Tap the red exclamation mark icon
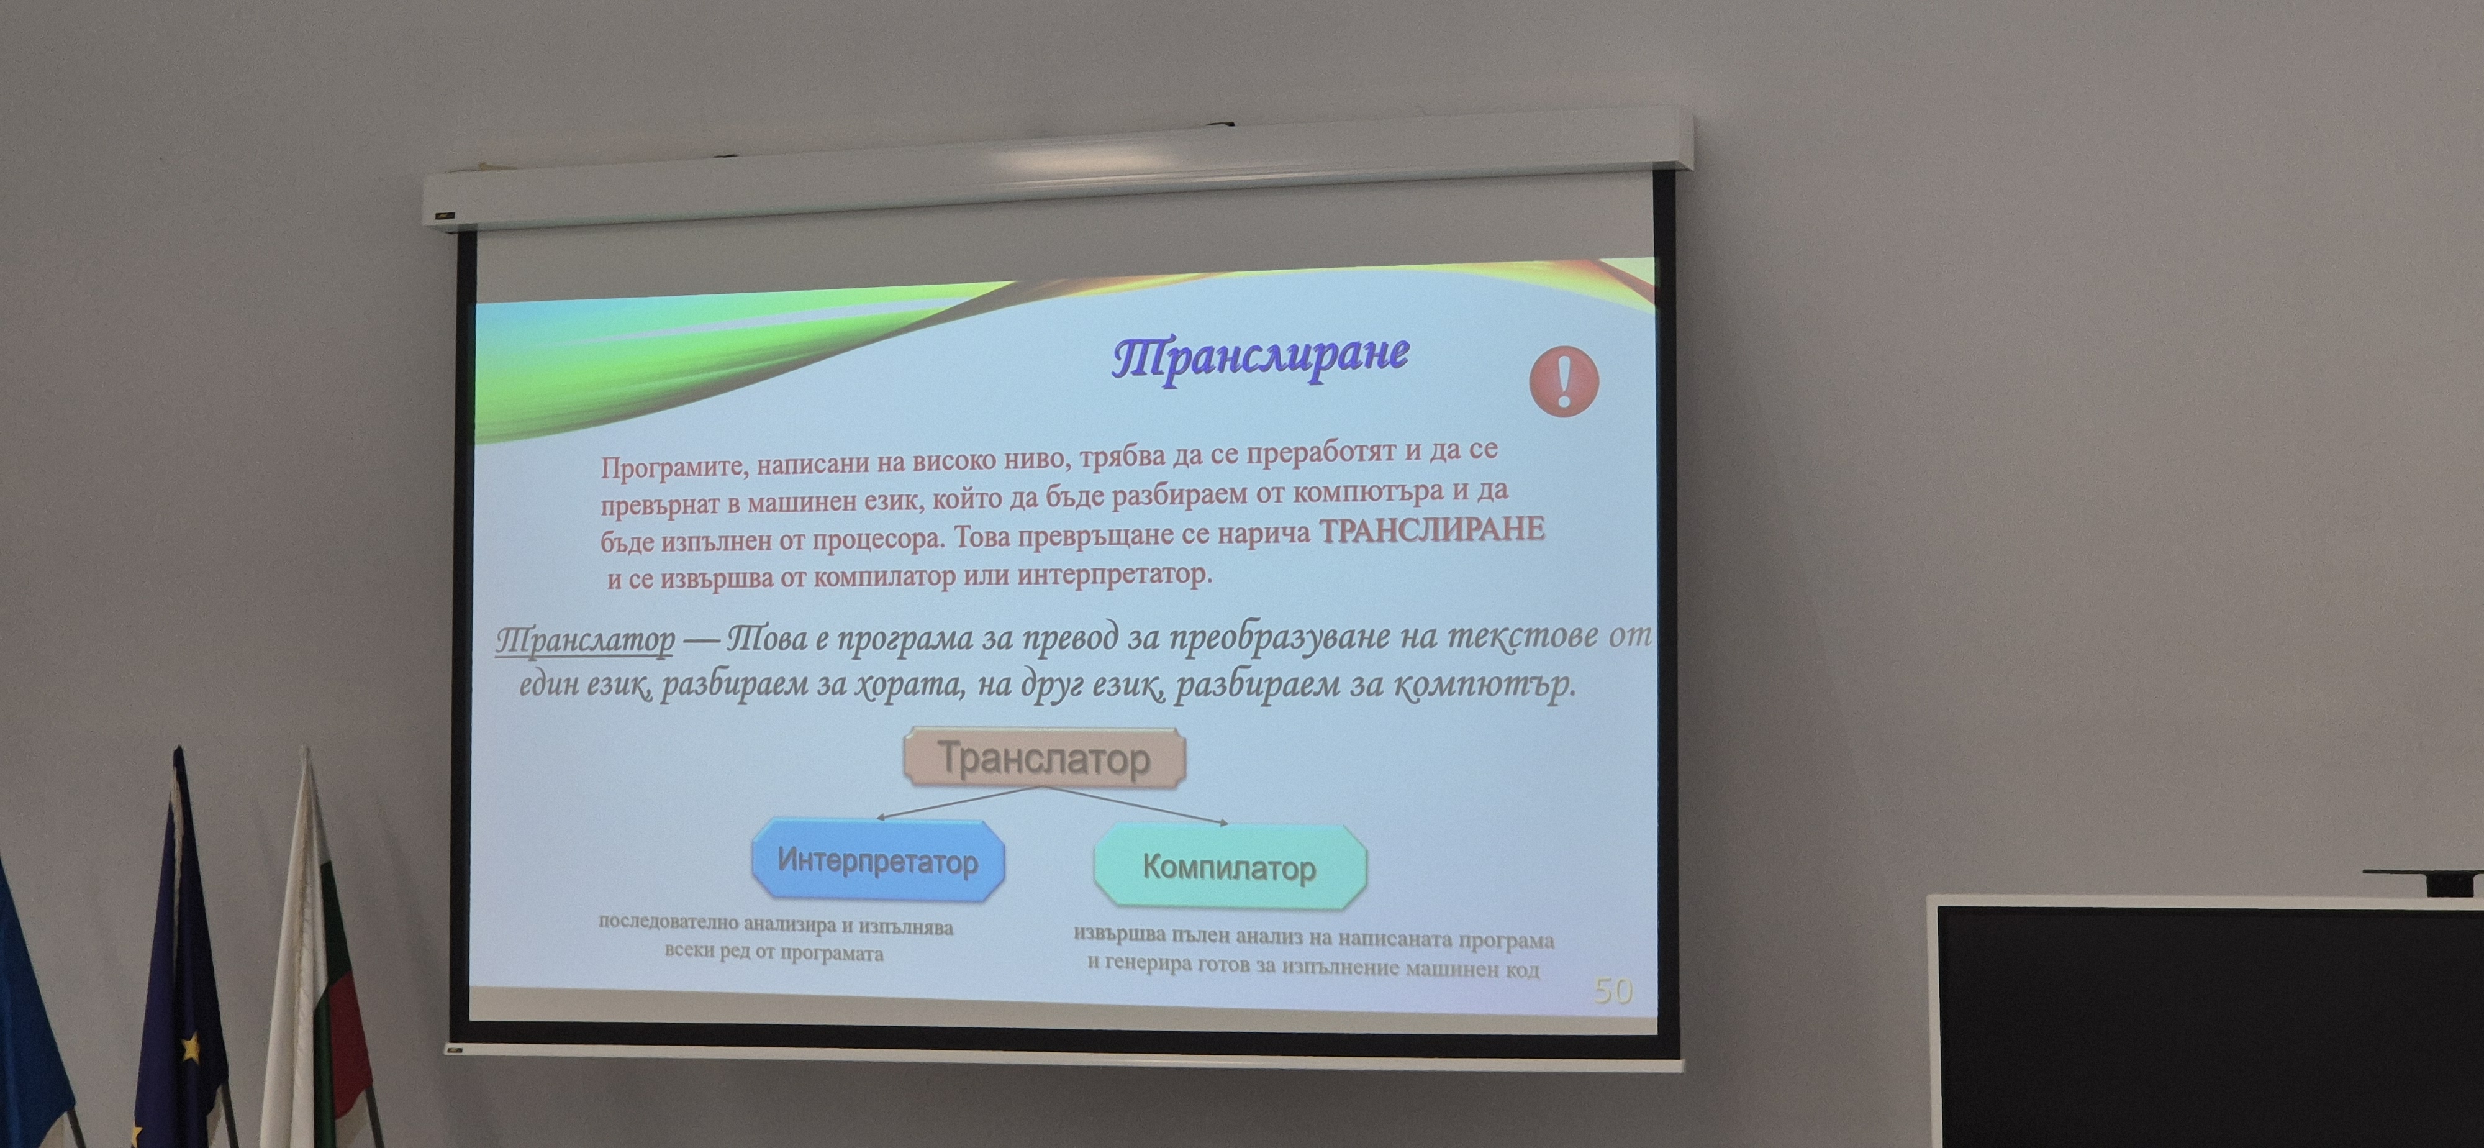pos(1564,381)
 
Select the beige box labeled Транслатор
pos(1045,758)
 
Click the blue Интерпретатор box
pos(877,860)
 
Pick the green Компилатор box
pos(1230,867)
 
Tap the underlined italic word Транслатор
pos(586,640)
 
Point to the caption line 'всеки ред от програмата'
pos(774,953)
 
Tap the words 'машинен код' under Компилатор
pos(1472,968)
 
